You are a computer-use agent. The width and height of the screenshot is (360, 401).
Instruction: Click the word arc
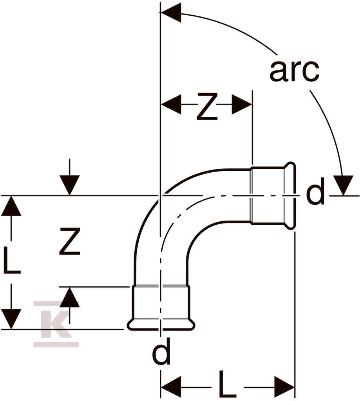click(295, 70)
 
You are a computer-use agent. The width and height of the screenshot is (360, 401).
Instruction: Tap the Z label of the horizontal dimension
click(207, 107)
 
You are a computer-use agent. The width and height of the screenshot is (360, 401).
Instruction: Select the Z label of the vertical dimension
click(70, 241)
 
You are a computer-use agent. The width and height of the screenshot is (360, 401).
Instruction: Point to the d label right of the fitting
click(315, 191)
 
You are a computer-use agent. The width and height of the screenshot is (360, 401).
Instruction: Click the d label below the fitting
click(161, 351)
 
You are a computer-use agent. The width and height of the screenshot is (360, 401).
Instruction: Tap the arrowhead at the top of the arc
click(171, 13)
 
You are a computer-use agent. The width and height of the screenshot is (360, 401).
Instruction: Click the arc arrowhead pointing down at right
click(344, 185)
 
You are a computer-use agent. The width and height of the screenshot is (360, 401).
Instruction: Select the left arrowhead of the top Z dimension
click(171, 104)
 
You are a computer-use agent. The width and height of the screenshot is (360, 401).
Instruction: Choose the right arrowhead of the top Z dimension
click(242, 104)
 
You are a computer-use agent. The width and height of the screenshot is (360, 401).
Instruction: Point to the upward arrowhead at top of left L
click(11, 206)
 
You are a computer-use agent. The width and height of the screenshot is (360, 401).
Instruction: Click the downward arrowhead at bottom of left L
click(11, 319)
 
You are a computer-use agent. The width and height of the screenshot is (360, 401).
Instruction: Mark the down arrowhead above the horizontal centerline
click(70, 185)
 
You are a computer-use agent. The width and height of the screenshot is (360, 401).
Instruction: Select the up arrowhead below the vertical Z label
click(70, 297)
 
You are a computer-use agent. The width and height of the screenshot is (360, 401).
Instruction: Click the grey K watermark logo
click(56, 324)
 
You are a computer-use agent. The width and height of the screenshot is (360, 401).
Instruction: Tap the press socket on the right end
click(273, 196)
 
